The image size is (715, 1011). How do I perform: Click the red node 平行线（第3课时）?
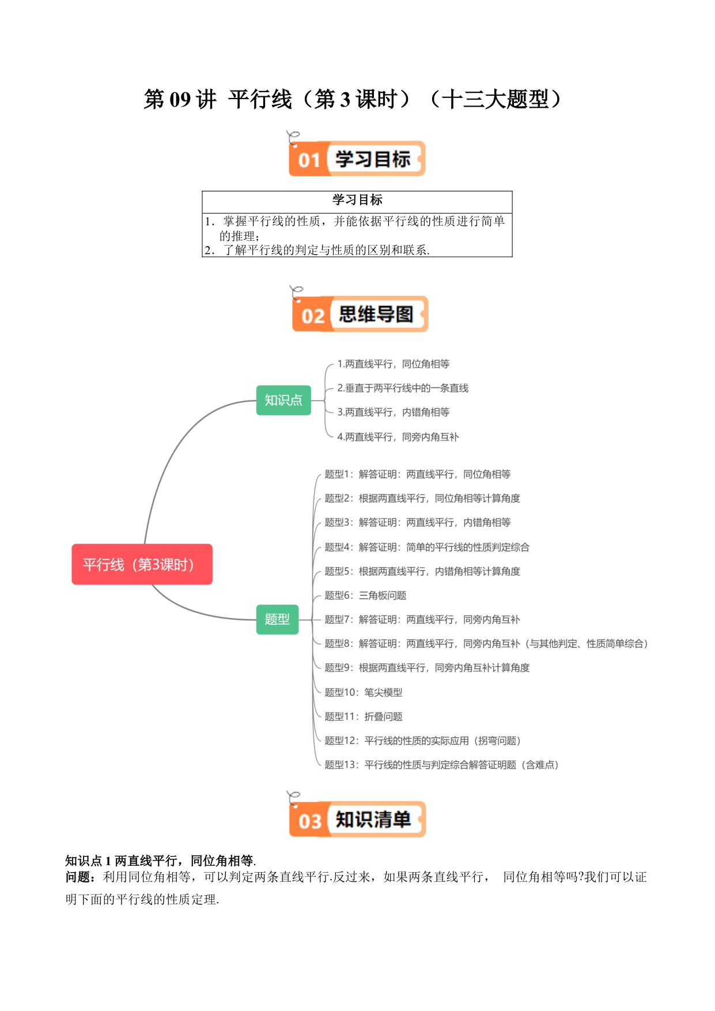point(142,564)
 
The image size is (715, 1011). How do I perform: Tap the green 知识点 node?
point(283,400)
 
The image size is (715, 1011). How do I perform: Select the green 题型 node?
point(277,619)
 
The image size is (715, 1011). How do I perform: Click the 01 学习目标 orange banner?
point(357,159)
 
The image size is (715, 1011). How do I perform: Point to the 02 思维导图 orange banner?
point(360,314)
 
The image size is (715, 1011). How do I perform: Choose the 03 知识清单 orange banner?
point(357,819)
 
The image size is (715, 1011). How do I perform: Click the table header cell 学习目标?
point(357,200)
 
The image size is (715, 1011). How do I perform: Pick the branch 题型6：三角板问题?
point(365,595)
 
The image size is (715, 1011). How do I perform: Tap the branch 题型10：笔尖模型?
point(364,692)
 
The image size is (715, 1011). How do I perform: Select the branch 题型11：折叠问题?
point(364,716)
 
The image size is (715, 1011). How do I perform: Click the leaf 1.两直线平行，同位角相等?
point(394,364)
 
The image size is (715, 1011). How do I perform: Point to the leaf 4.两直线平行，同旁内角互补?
point(398,437)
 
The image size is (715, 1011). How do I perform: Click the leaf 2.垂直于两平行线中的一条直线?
point(403,388)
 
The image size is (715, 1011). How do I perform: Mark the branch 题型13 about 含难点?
point(442,765)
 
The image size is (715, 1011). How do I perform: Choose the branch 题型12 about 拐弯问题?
point(423,741)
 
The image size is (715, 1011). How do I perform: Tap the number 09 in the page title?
point(180,100)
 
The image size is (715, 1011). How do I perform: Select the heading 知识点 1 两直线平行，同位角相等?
point(161,861)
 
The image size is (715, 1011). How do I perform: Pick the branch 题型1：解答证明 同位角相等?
point(418,474)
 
